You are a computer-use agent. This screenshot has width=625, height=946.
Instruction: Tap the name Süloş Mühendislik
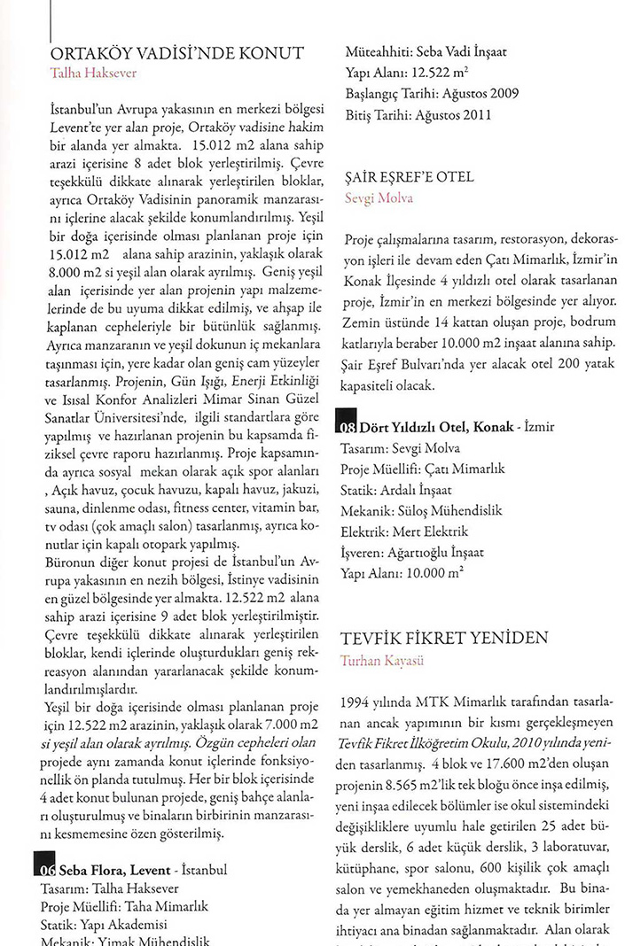(x=438, y=510)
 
